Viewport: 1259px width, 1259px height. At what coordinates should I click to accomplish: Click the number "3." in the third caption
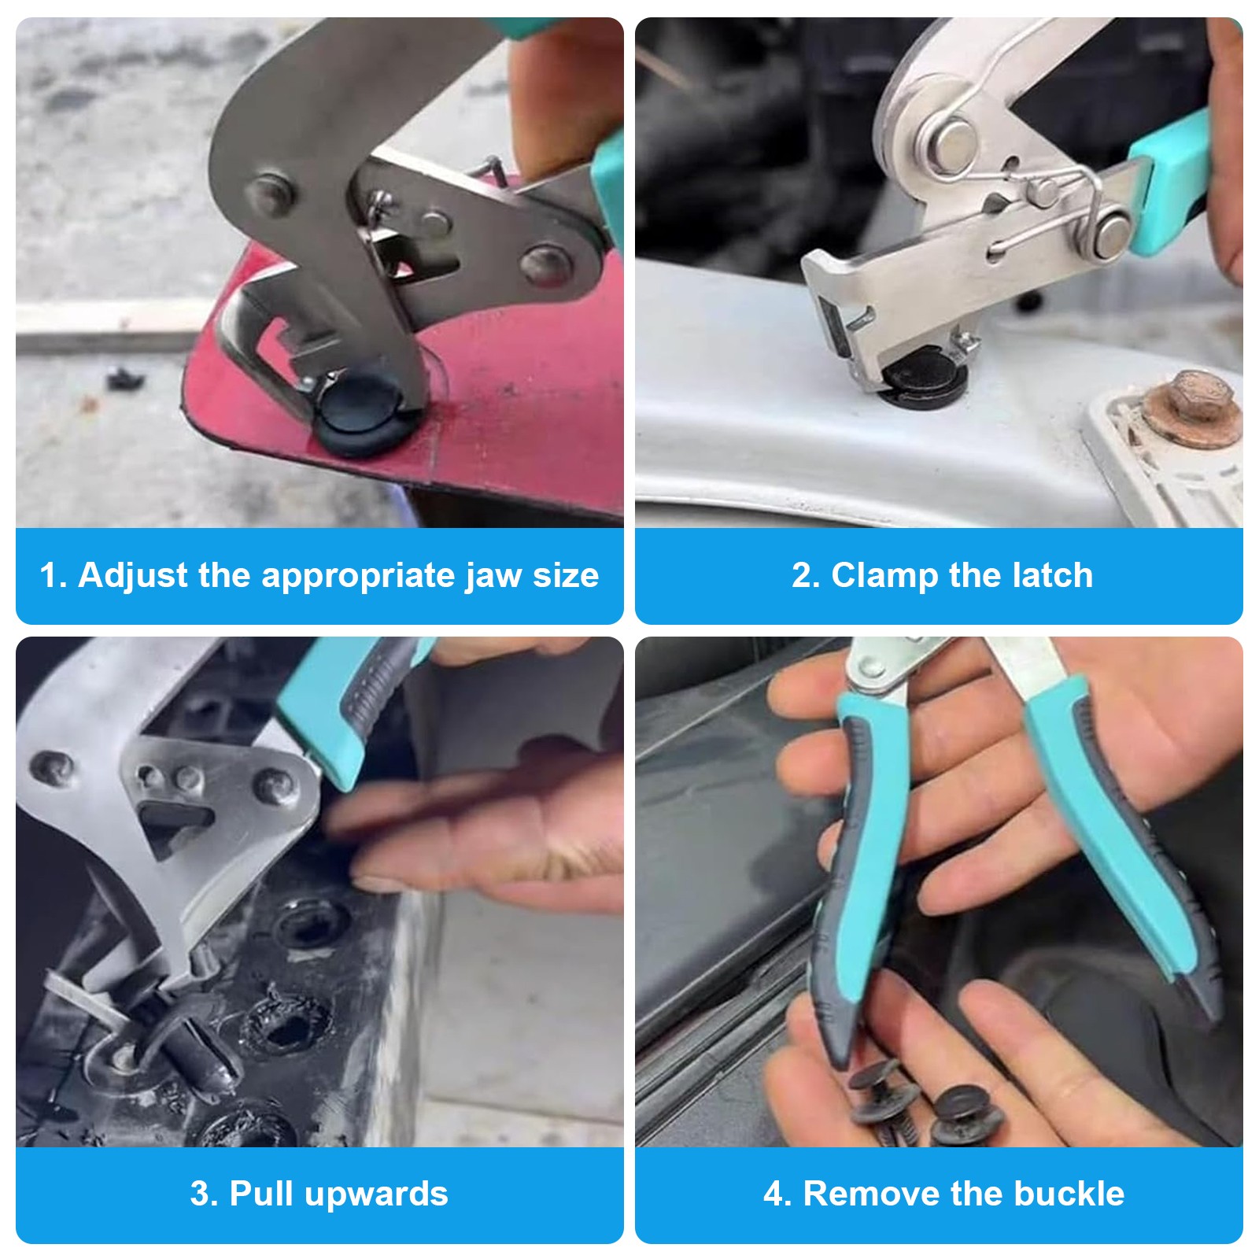tap(204, 1194)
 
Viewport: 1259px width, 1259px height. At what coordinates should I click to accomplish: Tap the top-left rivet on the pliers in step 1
tap(272, 192)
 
